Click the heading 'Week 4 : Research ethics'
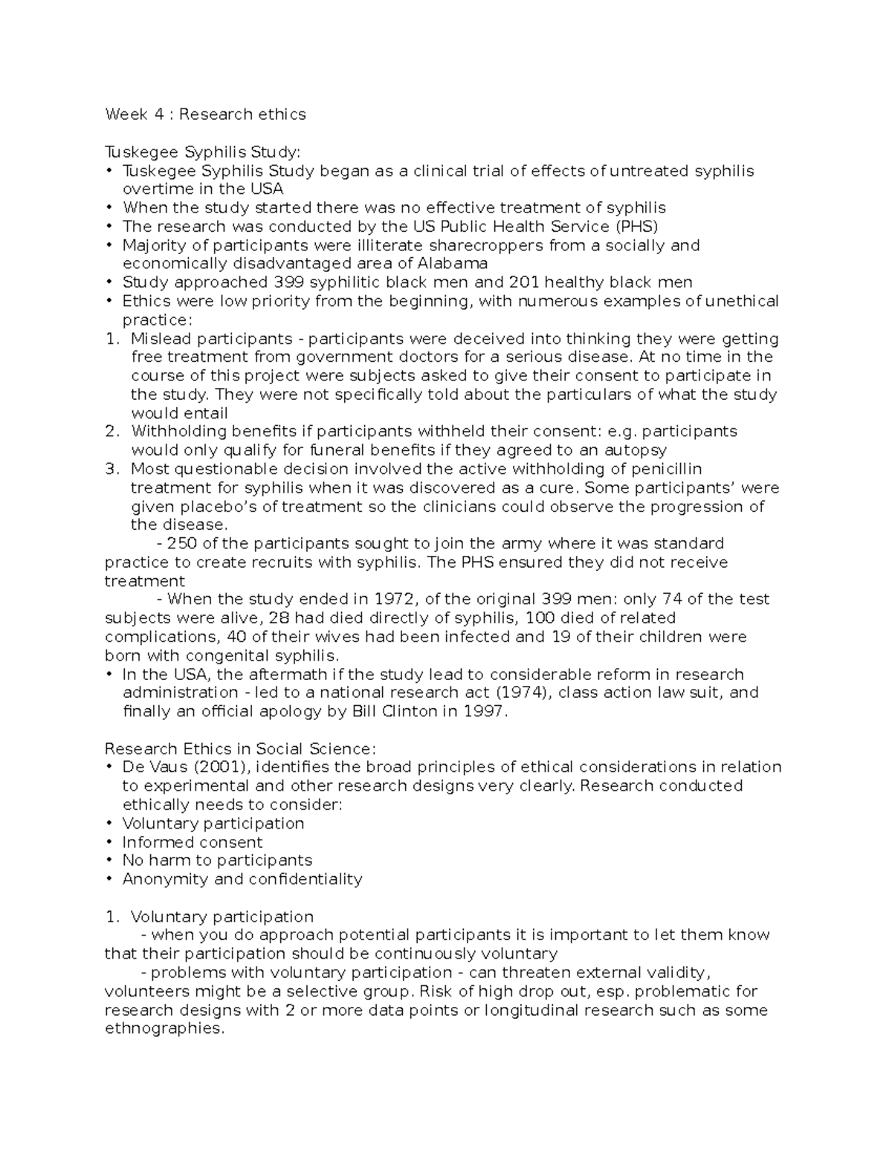point(205,114)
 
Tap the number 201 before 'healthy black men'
point(523,282)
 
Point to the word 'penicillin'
point(667,469)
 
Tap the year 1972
point(399,599)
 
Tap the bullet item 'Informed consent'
point(193,842)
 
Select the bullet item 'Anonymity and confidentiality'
point(242,879)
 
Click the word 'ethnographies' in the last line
point(163,1029)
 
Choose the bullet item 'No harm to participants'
point(217,860)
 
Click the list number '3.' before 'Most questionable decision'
point(112,469)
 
